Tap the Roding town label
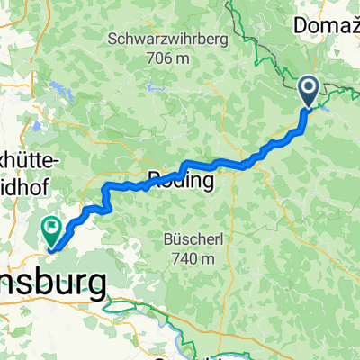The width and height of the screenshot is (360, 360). click(181, 181)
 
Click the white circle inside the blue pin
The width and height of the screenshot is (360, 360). click(309, 87)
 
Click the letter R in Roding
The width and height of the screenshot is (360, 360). click(155, 181)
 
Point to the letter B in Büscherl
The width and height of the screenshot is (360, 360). click(167, 239)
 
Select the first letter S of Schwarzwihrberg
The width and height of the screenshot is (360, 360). click(112, 40)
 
